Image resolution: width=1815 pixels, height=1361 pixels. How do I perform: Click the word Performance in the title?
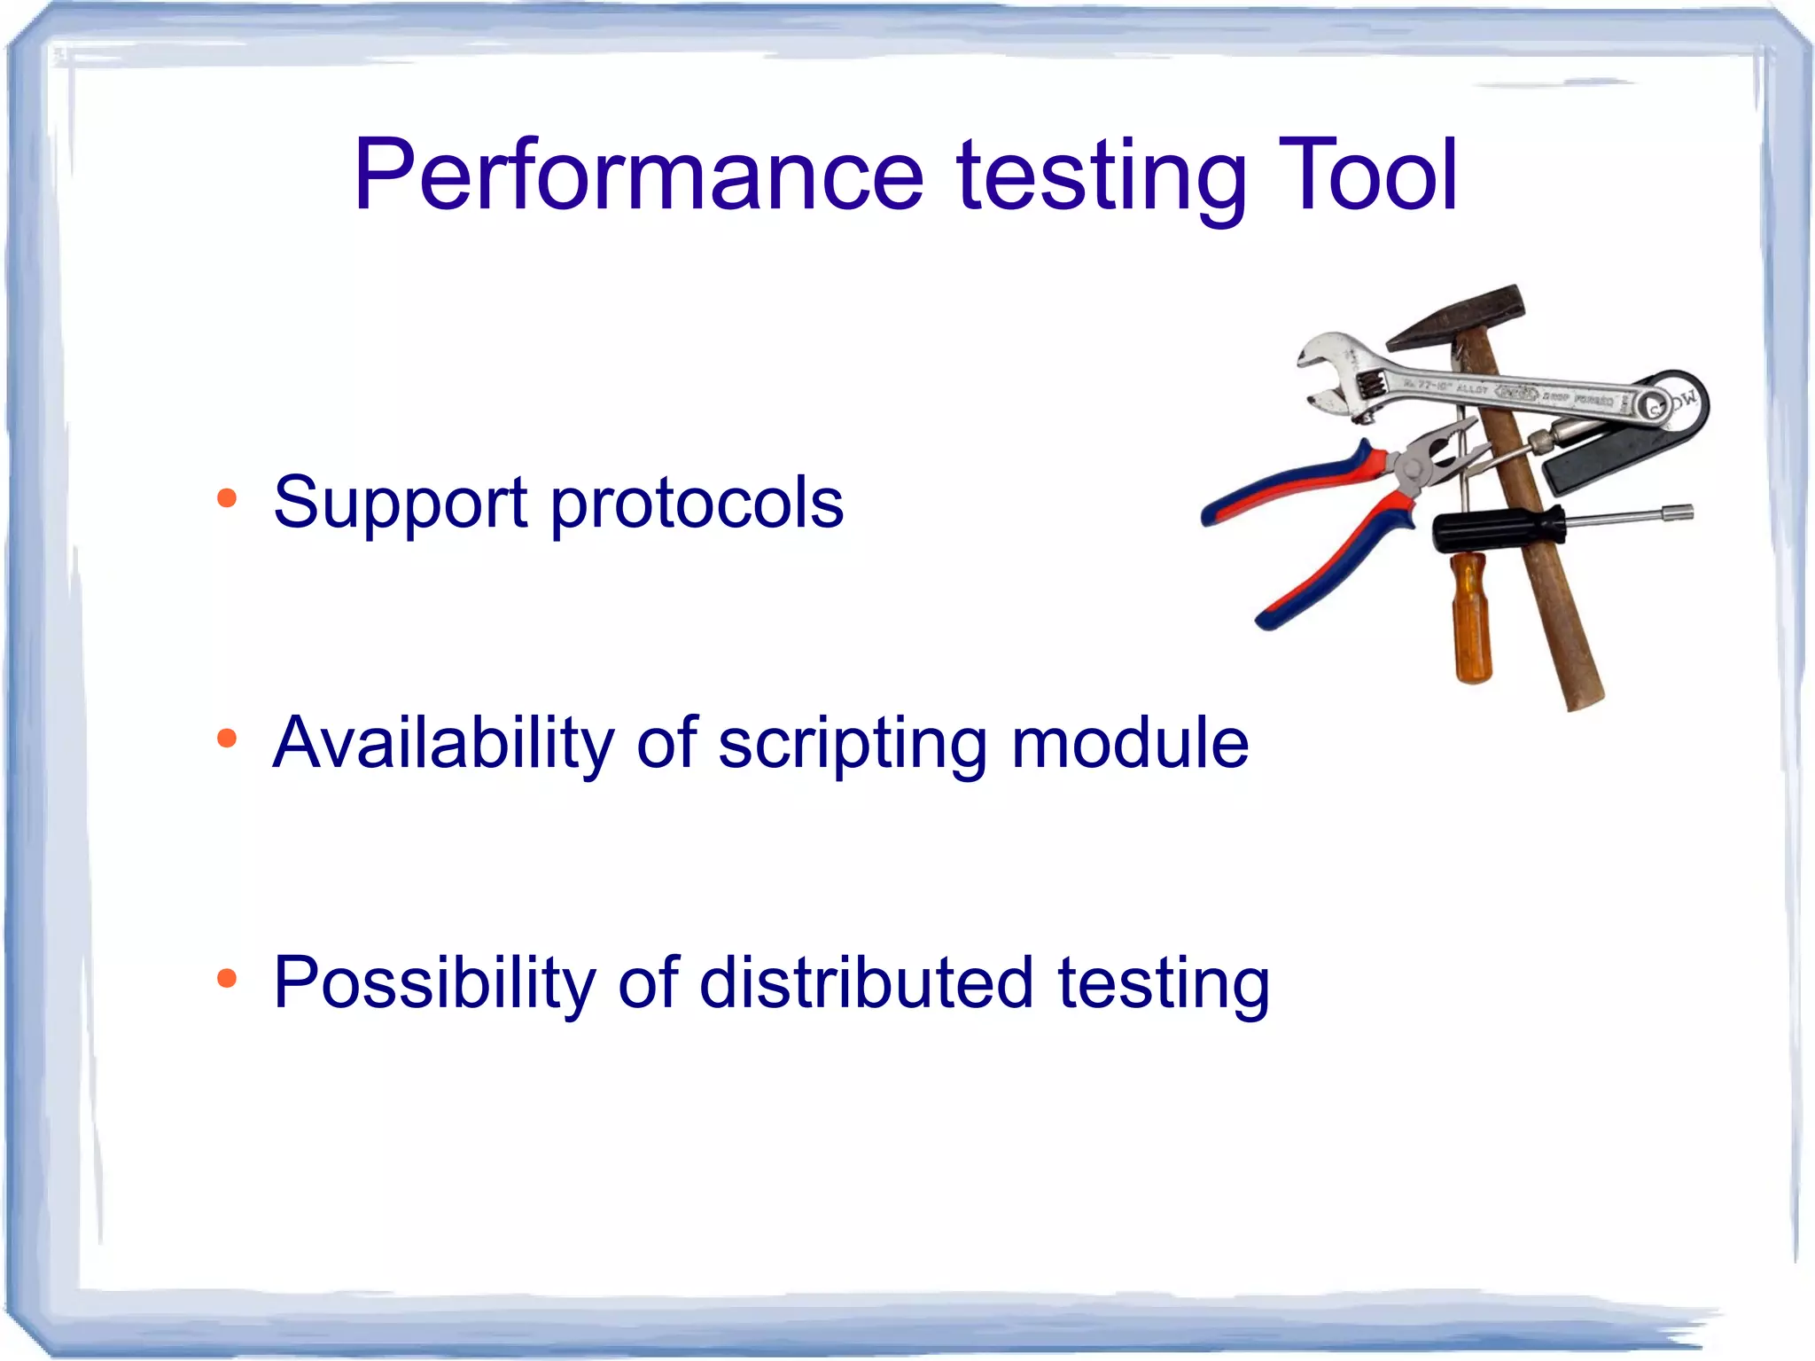click(x=638, y=176)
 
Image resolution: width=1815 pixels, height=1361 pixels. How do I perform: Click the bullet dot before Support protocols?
click(x=227, y=498)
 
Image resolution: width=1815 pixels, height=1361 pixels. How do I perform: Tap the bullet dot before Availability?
click(x=227, y=738)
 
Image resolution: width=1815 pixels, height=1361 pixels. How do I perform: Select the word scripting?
click(x=852, y=745)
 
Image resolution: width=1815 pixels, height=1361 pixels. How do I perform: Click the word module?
click(x=1130, y=742)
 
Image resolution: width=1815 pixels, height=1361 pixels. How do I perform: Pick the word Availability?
click(x=442, y=743)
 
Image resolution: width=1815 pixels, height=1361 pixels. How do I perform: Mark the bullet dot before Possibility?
click(x=227, y=978)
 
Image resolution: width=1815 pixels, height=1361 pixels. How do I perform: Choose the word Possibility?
click(x=432, y=984)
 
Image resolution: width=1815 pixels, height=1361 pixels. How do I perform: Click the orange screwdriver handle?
click(x=1471, y=616)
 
